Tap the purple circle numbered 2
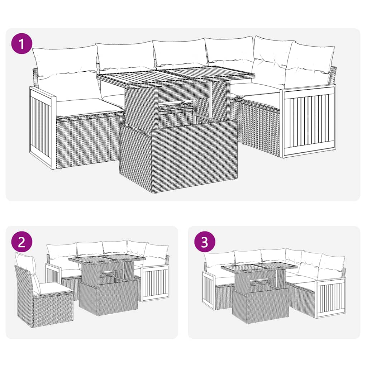[x=22, y=242]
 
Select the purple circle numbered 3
[x=204, y=242]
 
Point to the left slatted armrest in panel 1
[x=42, y=128]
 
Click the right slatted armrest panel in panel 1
[x=309, y=121]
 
